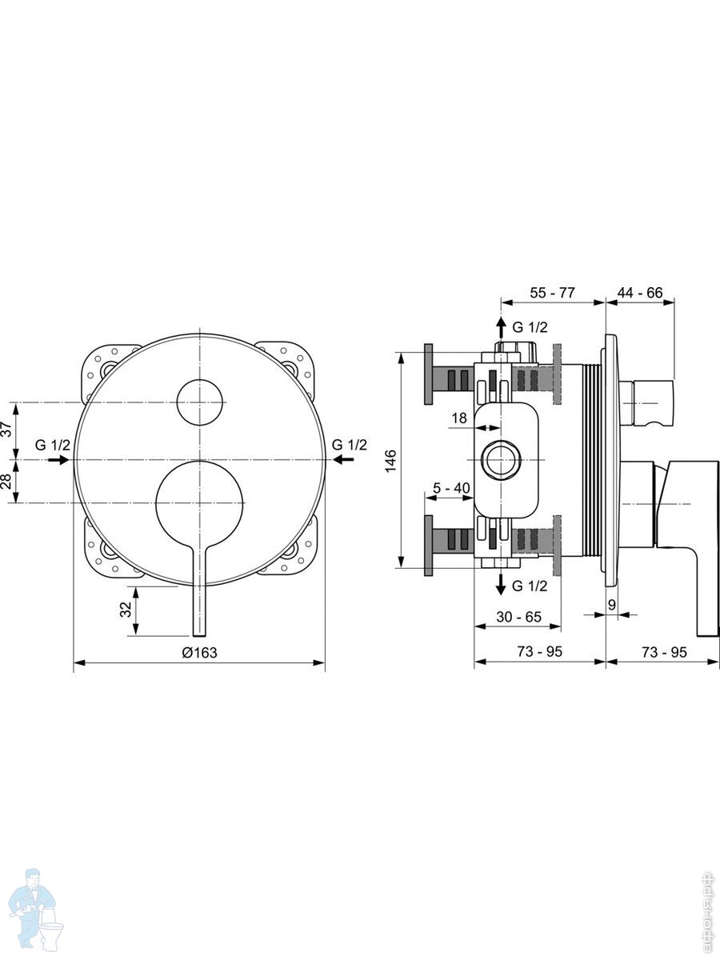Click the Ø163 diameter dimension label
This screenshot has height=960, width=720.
(199, 652)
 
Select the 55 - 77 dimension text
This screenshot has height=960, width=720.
(553, 293)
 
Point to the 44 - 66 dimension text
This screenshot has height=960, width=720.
(640, 293)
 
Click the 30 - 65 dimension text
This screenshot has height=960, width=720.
(519, 617)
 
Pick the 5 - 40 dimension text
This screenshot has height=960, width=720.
(451, 488)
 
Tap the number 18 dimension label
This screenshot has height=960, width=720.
(459, 418)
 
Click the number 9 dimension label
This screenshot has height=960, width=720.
(612, 605)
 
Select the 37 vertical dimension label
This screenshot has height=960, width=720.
(6, 429)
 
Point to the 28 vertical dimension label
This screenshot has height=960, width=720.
(6, 481)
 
